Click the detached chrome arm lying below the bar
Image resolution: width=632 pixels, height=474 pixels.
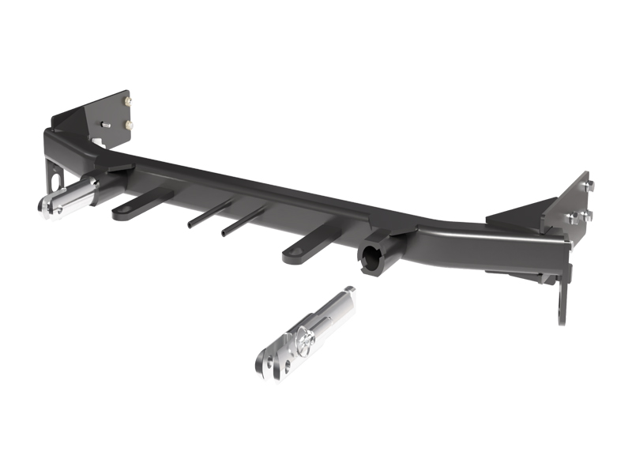click(304, 332)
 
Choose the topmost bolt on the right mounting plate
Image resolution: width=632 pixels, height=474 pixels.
click(589, 185)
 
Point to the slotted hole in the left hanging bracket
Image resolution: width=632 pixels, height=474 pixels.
click(55, 182)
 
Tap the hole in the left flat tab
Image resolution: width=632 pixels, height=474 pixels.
click(122, 213)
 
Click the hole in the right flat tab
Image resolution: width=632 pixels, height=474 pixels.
click(292, 254)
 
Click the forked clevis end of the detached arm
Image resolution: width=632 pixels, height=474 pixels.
click(269, 360)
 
